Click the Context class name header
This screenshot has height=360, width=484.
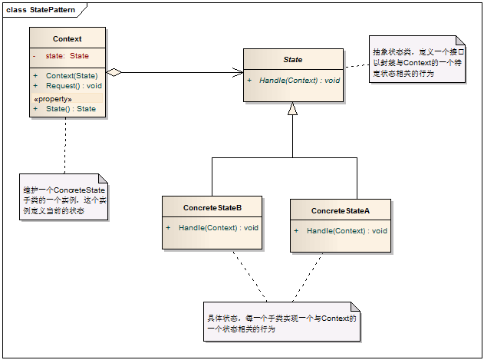[67, 38]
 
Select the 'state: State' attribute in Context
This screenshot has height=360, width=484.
[67, 56]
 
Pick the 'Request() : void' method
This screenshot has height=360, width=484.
[74, 85]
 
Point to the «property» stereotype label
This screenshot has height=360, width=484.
[53, 99]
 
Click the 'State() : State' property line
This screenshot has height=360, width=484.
[71, 109]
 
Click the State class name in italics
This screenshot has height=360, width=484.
[293, 59]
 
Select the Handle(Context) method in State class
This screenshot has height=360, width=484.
[298, 80]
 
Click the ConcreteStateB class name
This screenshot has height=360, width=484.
[212, 208]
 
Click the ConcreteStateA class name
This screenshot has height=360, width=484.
[341, 210]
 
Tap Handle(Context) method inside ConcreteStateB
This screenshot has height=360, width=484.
[218, 228]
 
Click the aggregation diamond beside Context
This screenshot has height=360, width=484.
[114, 73]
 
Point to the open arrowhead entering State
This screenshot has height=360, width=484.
[238, 73]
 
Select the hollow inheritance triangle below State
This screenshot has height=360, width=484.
[292, 109]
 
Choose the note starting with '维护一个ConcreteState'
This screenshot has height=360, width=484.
[64, 199]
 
